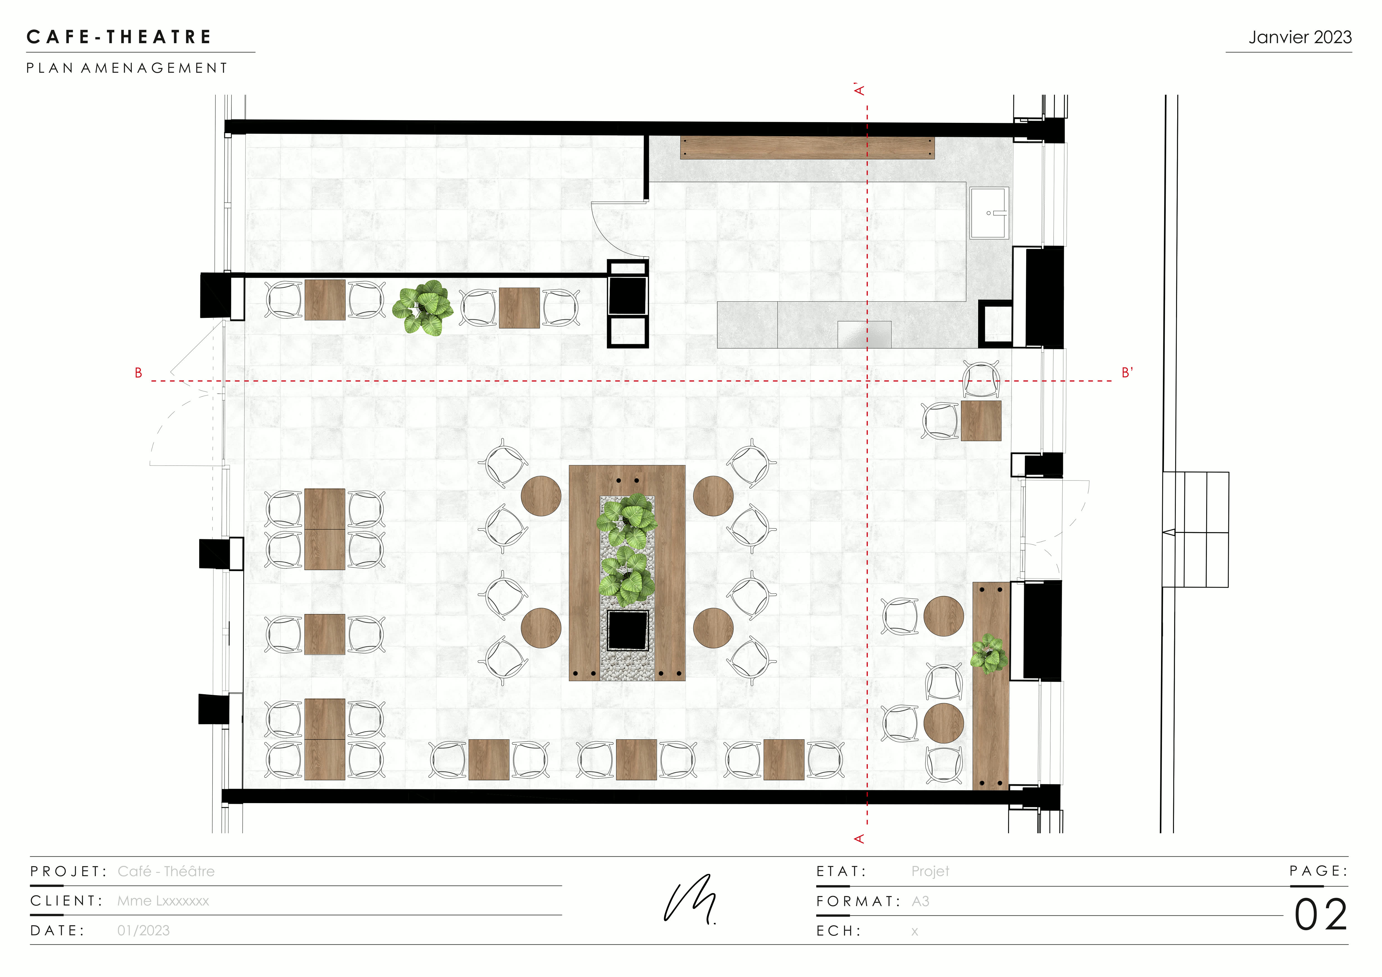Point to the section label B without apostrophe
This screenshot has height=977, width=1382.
coord(138,373)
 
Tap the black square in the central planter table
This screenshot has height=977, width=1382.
coord(627,630)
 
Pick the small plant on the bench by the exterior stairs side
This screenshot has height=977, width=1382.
coord(988,653)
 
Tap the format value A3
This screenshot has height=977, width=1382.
coord(920,901)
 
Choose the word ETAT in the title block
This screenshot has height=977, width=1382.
coord(841,871)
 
